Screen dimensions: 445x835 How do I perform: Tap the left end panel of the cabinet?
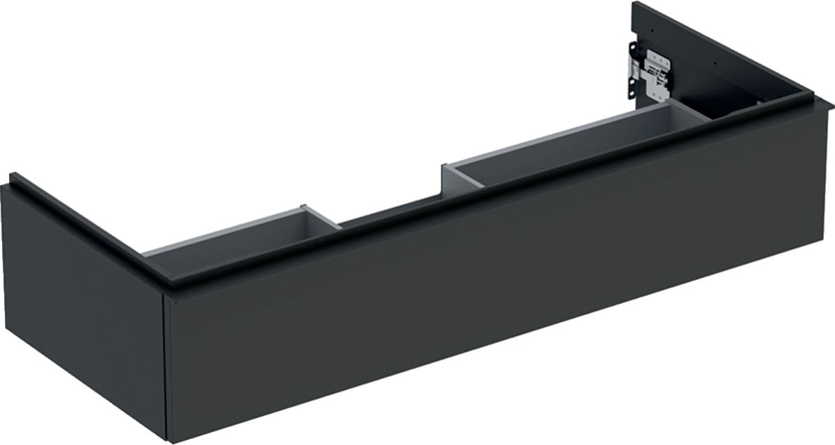coord(77,306)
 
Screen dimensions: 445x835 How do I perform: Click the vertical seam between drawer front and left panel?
coord(164,362)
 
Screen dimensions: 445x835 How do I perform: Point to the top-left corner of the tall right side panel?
coord(634,6)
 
